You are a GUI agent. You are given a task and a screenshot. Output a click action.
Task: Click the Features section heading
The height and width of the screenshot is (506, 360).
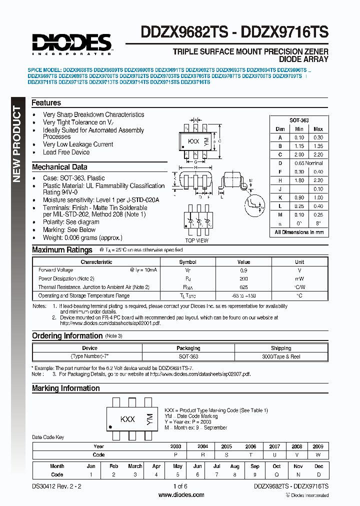tap(46, 102)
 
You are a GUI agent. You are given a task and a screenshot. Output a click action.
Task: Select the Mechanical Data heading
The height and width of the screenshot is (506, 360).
tap(59, 167)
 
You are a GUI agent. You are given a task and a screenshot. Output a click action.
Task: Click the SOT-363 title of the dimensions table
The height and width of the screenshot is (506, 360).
tap(299, 120)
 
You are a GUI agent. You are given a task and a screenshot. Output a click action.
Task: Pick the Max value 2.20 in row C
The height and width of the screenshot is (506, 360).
tap(317, 154)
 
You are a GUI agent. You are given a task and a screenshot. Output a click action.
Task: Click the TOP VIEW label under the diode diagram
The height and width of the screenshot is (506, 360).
tap(196, 240)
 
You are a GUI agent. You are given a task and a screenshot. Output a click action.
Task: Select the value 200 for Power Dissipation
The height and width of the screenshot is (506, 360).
tap(243, 278)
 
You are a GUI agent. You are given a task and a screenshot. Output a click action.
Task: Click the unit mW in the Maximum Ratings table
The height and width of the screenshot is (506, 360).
tap(299, 278)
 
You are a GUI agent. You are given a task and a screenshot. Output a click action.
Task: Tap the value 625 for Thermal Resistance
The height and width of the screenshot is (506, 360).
tap(243, 287)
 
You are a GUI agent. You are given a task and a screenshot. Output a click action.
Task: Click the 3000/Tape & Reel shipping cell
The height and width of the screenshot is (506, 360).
tap(280, 356)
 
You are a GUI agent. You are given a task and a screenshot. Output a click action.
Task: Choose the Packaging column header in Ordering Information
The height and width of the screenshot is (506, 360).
tap(188, 348)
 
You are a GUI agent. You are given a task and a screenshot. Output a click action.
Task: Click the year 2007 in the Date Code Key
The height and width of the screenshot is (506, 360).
tap(274, 446)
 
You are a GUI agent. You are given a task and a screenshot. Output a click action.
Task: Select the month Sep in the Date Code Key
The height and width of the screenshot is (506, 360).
tap(255, 466)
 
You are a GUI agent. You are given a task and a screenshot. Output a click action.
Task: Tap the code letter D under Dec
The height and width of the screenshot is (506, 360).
tap(318, 474)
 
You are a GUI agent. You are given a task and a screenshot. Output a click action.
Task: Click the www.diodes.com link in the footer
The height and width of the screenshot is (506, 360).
tap(181, 495)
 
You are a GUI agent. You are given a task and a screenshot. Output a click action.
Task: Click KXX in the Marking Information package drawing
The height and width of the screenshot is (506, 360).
tap(127, 419)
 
